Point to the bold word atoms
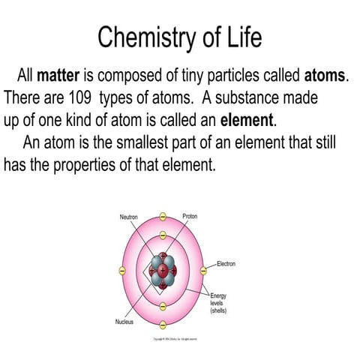pos(325,76)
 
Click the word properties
pos(90,163)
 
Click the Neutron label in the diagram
pos(128,217)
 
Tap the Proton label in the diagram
pos(190,217)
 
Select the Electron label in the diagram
pos(227,263)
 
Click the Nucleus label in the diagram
pos(124,322)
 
